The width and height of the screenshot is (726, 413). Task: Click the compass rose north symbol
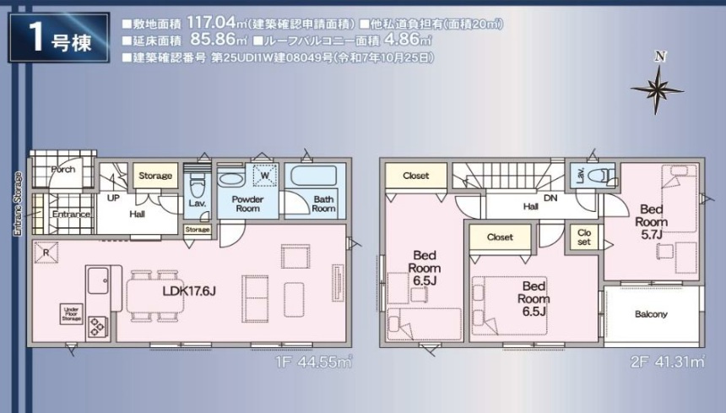[658, 84]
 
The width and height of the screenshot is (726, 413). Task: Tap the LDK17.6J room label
[187, 291]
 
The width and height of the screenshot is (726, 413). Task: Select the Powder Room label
[248, 204]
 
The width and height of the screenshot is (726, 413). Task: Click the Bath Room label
[323, 204]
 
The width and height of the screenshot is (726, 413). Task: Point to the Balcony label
[651, 314]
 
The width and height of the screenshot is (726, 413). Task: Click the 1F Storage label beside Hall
[155, 176]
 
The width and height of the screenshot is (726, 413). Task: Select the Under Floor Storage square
[71, 313]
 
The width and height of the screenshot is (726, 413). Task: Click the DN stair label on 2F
[550, 198]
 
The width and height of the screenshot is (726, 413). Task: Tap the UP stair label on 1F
[111, 198]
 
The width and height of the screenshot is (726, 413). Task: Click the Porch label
[62, 169]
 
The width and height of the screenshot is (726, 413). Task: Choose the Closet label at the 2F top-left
[415, 176]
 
